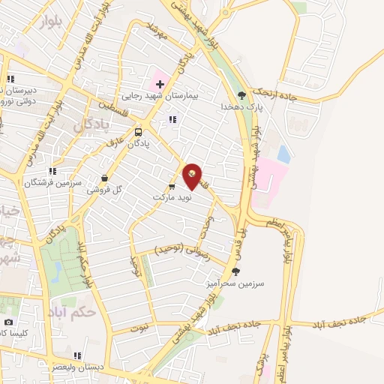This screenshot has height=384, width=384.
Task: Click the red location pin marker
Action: [193, 175]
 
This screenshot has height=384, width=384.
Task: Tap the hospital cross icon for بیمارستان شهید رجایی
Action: [160, 83]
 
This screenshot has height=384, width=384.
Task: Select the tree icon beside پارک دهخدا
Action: [241, 95]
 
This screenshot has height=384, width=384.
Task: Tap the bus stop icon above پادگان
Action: [137, 132]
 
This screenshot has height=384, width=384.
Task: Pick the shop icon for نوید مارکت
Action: [172, 187]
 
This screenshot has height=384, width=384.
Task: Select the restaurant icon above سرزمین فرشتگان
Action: [52, 172]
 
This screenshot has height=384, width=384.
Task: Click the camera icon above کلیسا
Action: [9, 322]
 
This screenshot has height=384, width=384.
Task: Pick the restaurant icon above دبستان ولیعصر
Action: [77, 355]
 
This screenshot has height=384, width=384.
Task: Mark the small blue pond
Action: [283, 154]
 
